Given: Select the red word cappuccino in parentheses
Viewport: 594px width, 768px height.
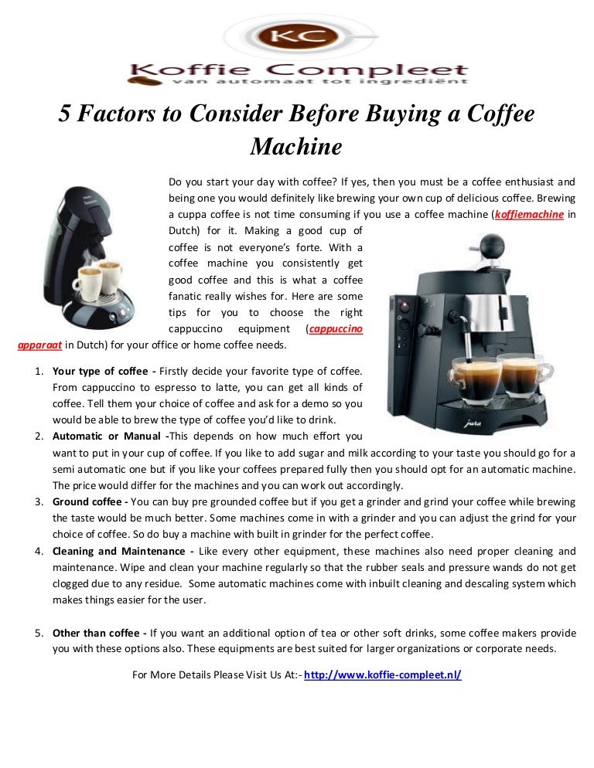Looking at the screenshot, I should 335,329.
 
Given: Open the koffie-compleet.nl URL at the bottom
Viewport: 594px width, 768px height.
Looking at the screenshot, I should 383,675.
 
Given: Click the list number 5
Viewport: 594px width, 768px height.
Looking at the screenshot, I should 38,633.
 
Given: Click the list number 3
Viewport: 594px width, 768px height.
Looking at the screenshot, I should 38,501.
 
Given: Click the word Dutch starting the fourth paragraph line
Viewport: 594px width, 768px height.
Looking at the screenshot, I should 184,231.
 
